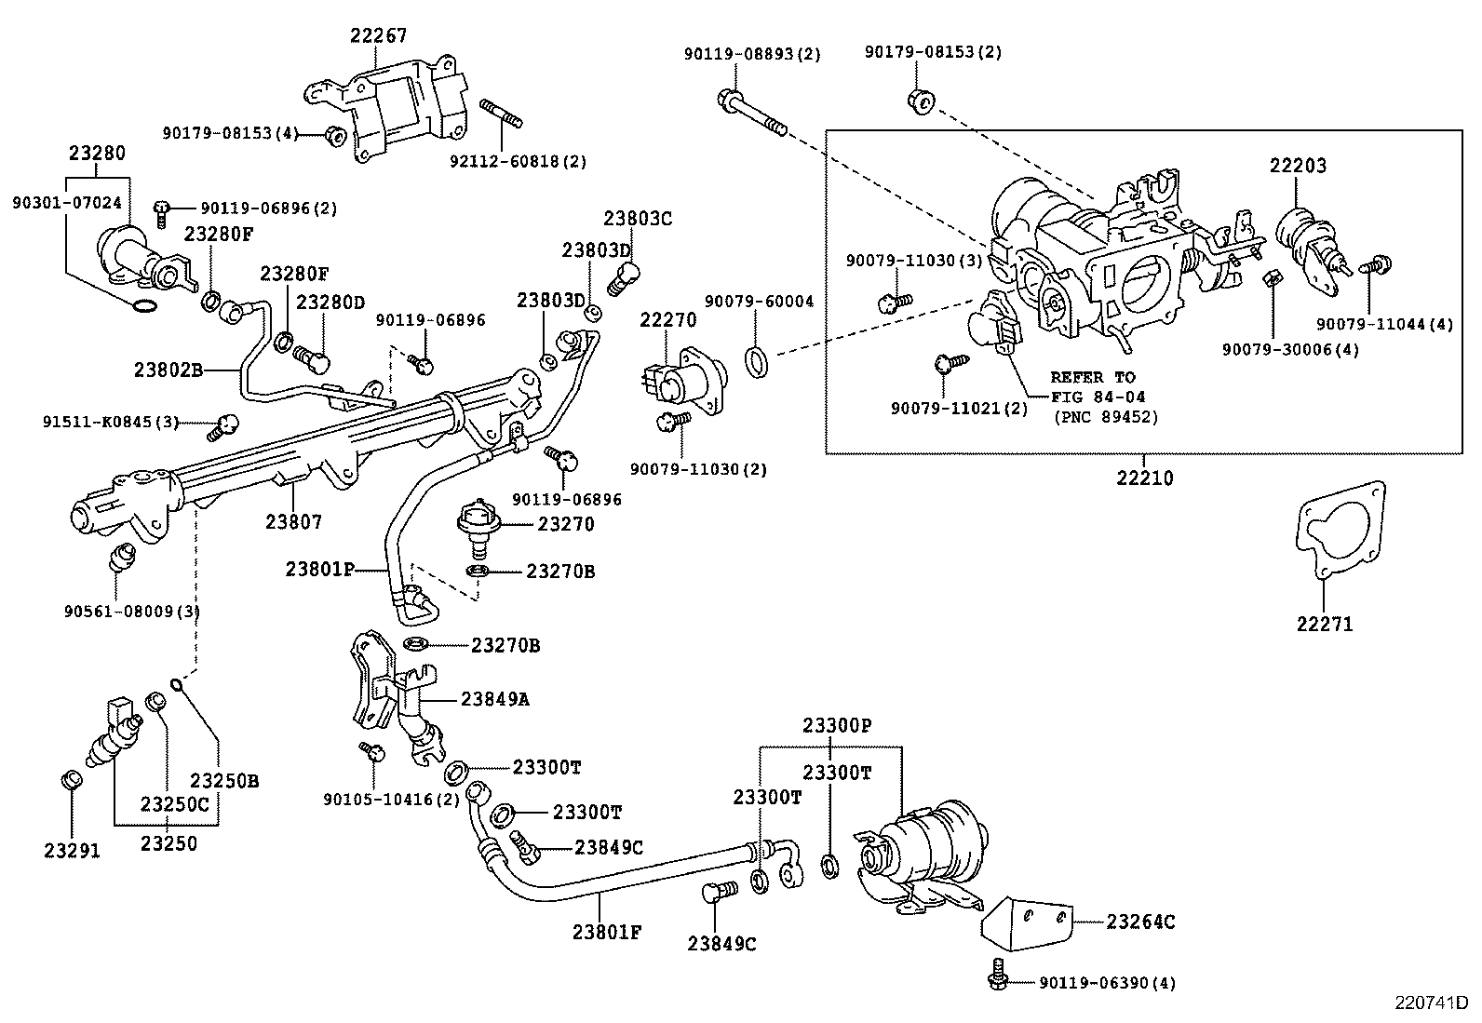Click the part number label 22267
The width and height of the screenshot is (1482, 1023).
(x=378, y=35)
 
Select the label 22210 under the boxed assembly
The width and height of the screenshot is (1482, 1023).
(x=1144, y=478)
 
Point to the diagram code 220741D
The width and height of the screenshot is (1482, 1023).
(x=1430, y=1003)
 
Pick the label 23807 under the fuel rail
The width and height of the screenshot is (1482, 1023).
(x=293, y=522)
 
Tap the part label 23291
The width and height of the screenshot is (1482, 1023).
(x=72, y=850)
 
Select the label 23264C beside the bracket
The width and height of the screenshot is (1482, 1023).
(x=1139, y=922)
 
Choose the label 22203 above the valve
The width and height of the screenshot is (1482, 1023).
(x=1298, y=166)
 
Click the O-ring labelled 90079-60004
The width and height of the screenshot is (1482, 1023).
(x=758, y=360)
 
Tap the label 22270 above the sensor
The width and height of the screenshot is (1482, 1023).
(x=667, y=321)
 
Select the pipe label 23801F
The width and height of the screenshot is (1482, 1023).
(x=606, y=931)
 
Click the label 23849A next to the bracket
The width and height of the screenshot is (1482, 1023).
(x=495, y=699)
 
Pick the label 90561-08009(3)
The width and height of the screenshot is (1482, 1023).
(x=132, y=611)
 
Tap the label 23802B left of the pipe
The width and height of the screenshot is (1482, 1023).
(x=168, y=369)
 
